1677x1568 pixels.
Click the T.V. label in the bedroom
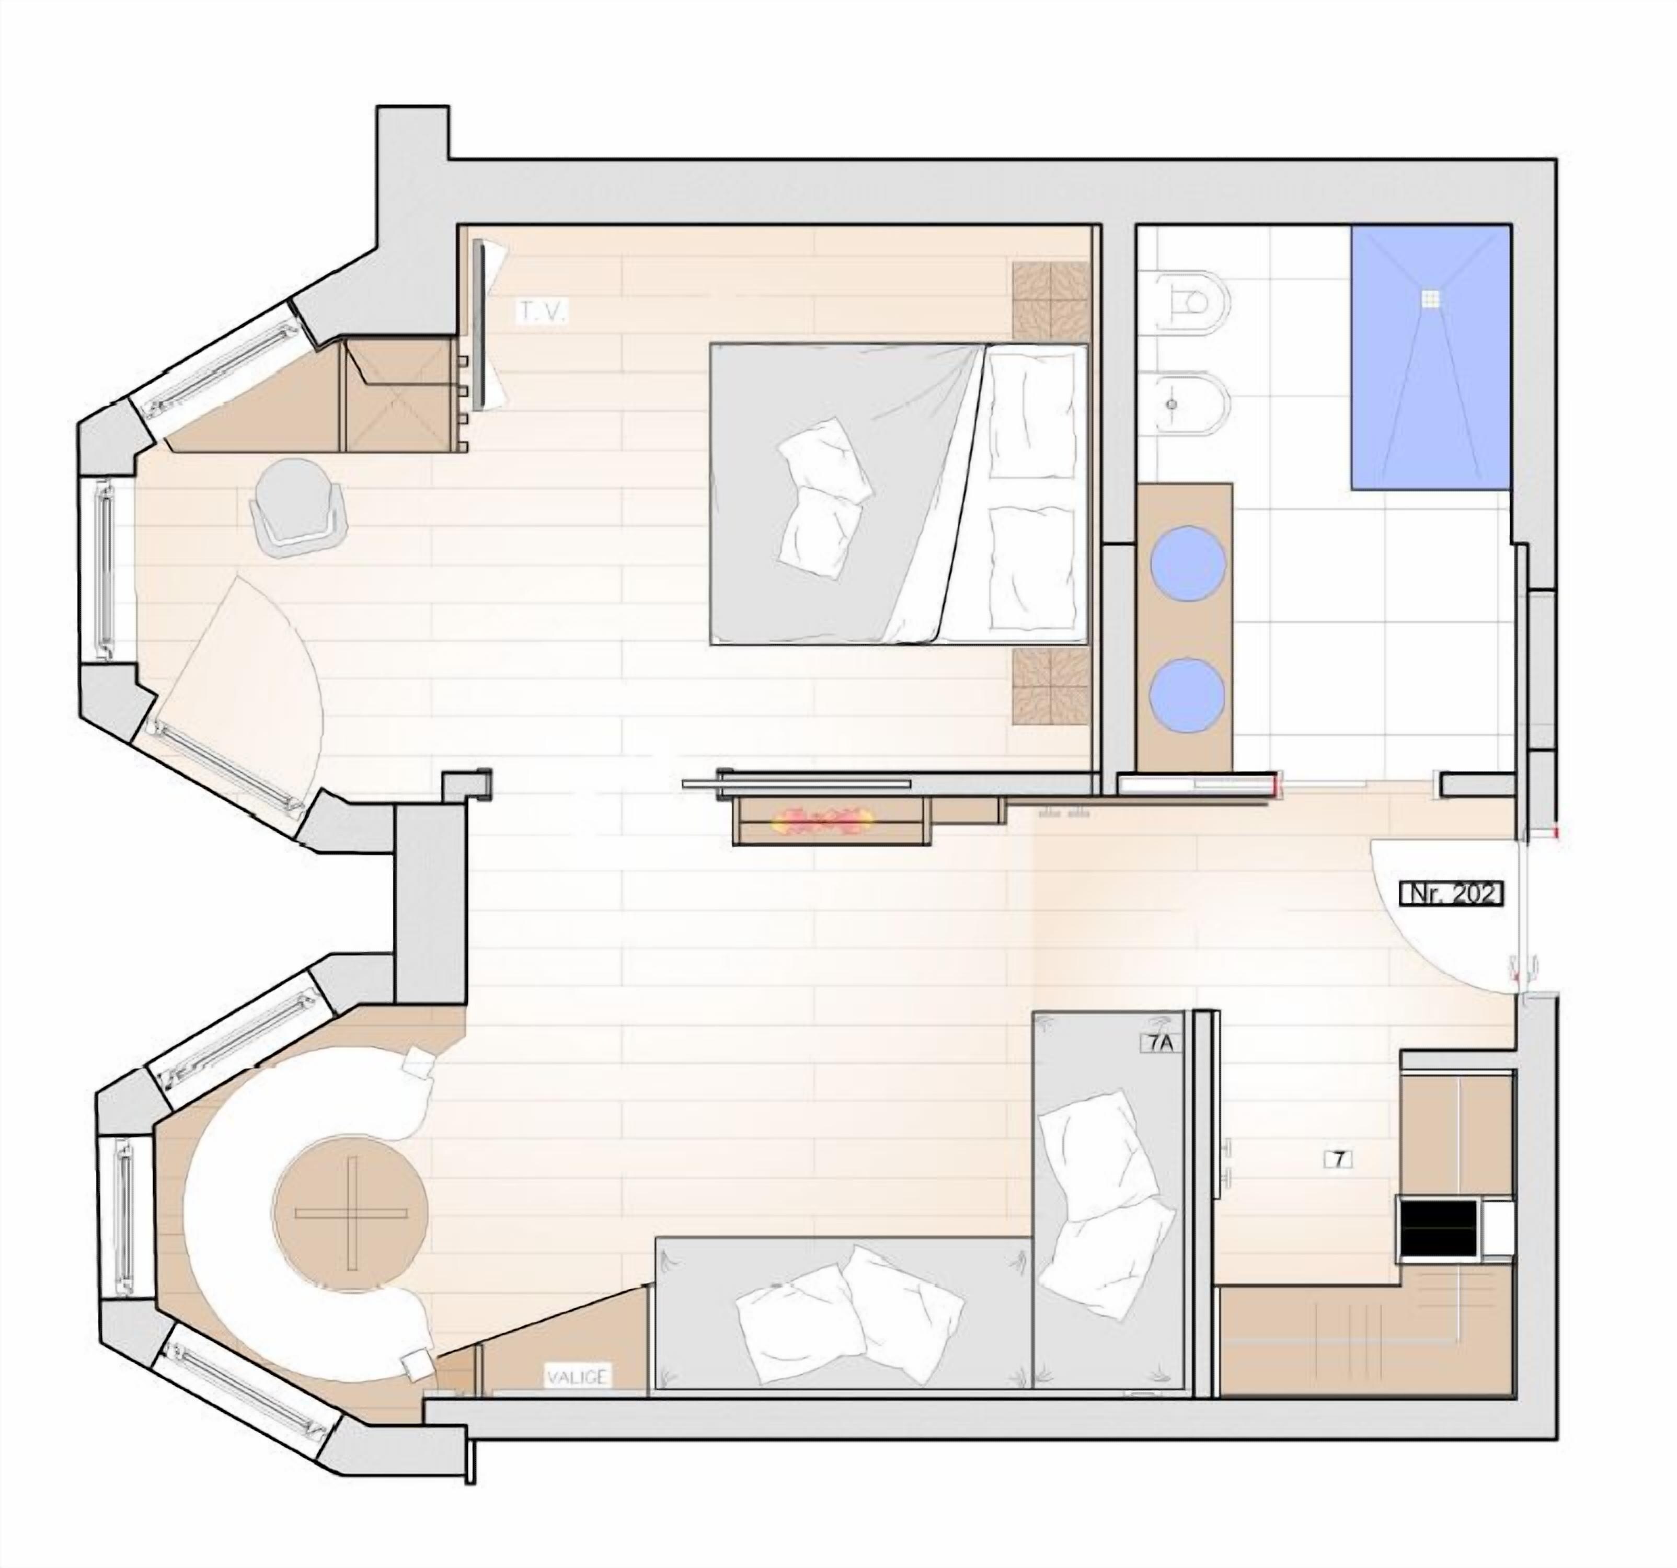pyautogui.click(x=543, y=313)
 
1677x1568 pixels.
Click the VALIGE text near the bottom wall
pyautogui.click(x=576, y=1377)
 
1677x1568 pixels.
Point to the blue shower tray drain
pyautogui.click(x=1429, y=298)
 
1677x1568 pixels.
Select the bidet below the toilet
pyautogui.click(x=1189, y=405)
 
